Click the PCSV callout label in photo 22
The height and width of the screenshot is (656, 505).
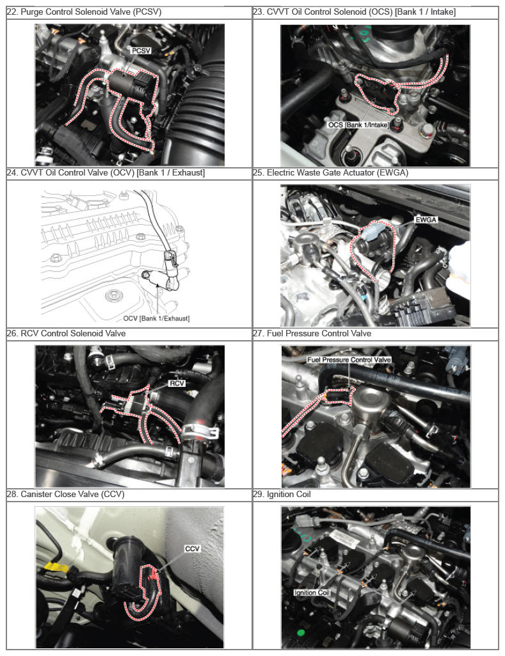pos(141,51)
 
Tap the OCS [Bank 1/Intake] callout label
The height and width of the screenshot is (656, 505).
pos(358,125)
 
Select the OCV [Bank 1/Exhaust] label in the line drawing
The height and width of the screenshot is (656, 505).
pos(156,318)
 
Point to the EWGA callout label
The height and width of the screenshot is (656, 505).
pos(426,219)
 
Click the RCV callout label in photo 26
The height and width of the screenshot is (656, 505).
pos(177,383)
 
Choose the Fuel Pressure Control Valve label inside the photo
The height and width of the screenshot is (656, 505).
pos(349,360)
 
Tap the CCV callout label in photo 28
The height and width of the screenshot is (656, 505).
pos(192,548)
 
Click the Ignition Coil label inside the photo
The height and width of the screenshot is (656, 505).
pos(312,593)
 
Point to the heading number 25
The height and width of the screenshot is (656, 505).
pos(259,172)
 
